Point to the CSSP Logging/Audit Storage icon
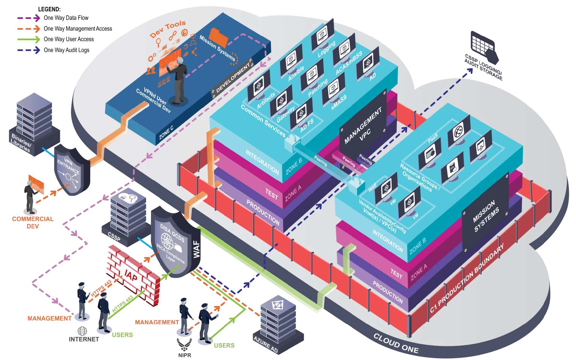coord(484,48)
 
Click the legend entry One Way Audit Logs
coord(66,50)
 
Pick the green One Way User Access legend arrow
coord(29,39)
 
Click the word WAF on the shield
coord(197,249)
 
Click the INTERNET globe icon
coord(82,331)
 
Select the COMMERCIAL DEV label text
coord(33,222)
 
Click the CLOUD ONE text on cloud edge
coord(396,344)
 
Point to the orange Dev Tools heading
coord(168,29)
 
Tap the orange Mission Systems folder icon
coord(219,37)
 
